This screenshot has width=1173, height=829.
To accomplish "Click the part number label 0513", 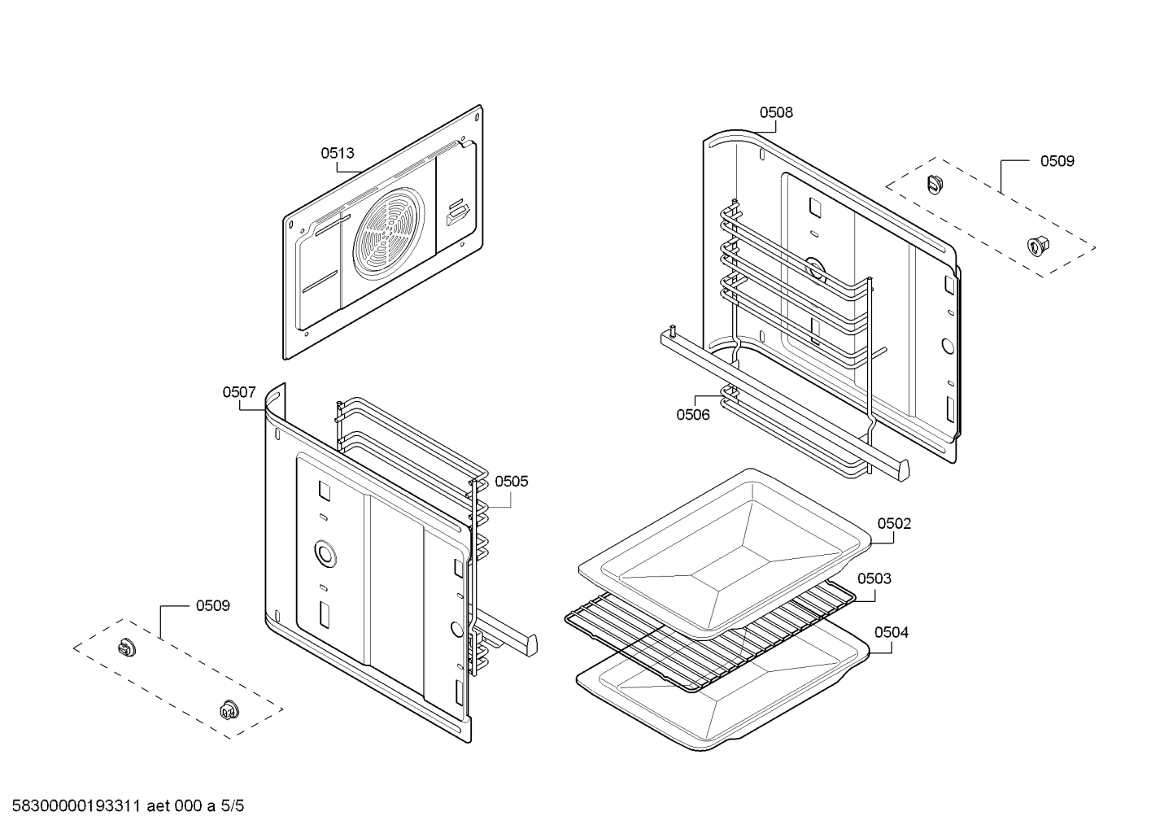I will coord(337,153).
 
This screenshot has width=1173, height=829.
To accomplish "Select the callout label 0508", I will coord(776,113).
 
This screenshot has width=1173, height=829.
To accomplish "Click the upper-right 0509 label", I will coord(1057,161).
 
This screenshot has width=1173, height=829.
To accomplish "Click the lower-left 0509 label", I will coord(212,606).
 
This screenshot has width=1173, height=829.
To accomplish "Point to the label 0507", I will coord(239,392).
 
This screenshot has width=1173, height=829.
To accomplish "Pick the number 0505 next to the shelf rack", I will coord(511,482).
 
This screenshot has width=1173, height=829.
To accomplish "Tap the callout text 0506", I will coord(693,415).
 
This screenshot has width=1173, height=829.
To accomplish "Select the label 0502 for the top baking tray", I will coord(894,524).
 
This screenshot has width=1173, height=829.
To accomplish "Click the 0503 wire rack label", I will coord(874,578).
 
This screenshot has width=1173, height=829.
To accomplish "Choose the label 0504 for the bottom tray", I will coord(892,632).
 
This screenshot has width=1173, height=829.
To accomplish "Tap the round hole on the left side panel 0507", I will coord(325,554).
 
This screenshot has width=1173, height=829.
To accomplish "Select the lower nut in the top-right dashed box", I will coord(1036,242).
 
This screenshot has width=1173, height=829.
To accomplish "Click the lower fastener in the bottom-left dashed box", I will coord(226,709).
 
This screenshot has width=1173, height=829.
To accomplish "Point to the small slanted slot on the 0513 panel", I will coord(456,215).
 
